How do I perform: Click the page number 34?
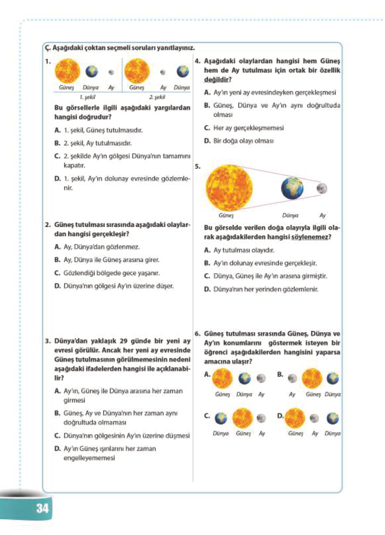tap(43, 508)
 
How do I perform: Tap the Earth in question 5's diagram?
tap(292, 188)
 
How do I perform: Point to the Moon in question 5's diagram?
tap(321, 189)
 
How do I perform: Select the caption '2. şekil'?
tap(157, 97)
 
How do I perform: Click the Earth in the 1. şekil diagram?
tap(92, 71)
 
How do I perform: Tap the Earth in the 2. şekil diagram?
tap(182, 71)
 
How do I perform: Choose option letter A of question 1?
tap(58, 130)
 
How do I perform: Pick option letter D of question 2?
tap(58, 286)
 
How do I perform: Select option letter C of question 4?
tap(207, 128)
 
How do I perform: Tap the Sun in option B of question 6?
tap(312, 378)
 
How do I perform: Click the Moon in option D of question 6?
tap(314, 418)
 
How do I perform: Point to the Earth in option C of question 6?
tap(221, 418)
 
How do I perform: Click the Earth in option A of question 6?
tap(245, 378)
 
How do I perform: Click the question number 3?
tap(48, 341)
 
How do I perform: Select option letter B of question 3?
tap(57, 413)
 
